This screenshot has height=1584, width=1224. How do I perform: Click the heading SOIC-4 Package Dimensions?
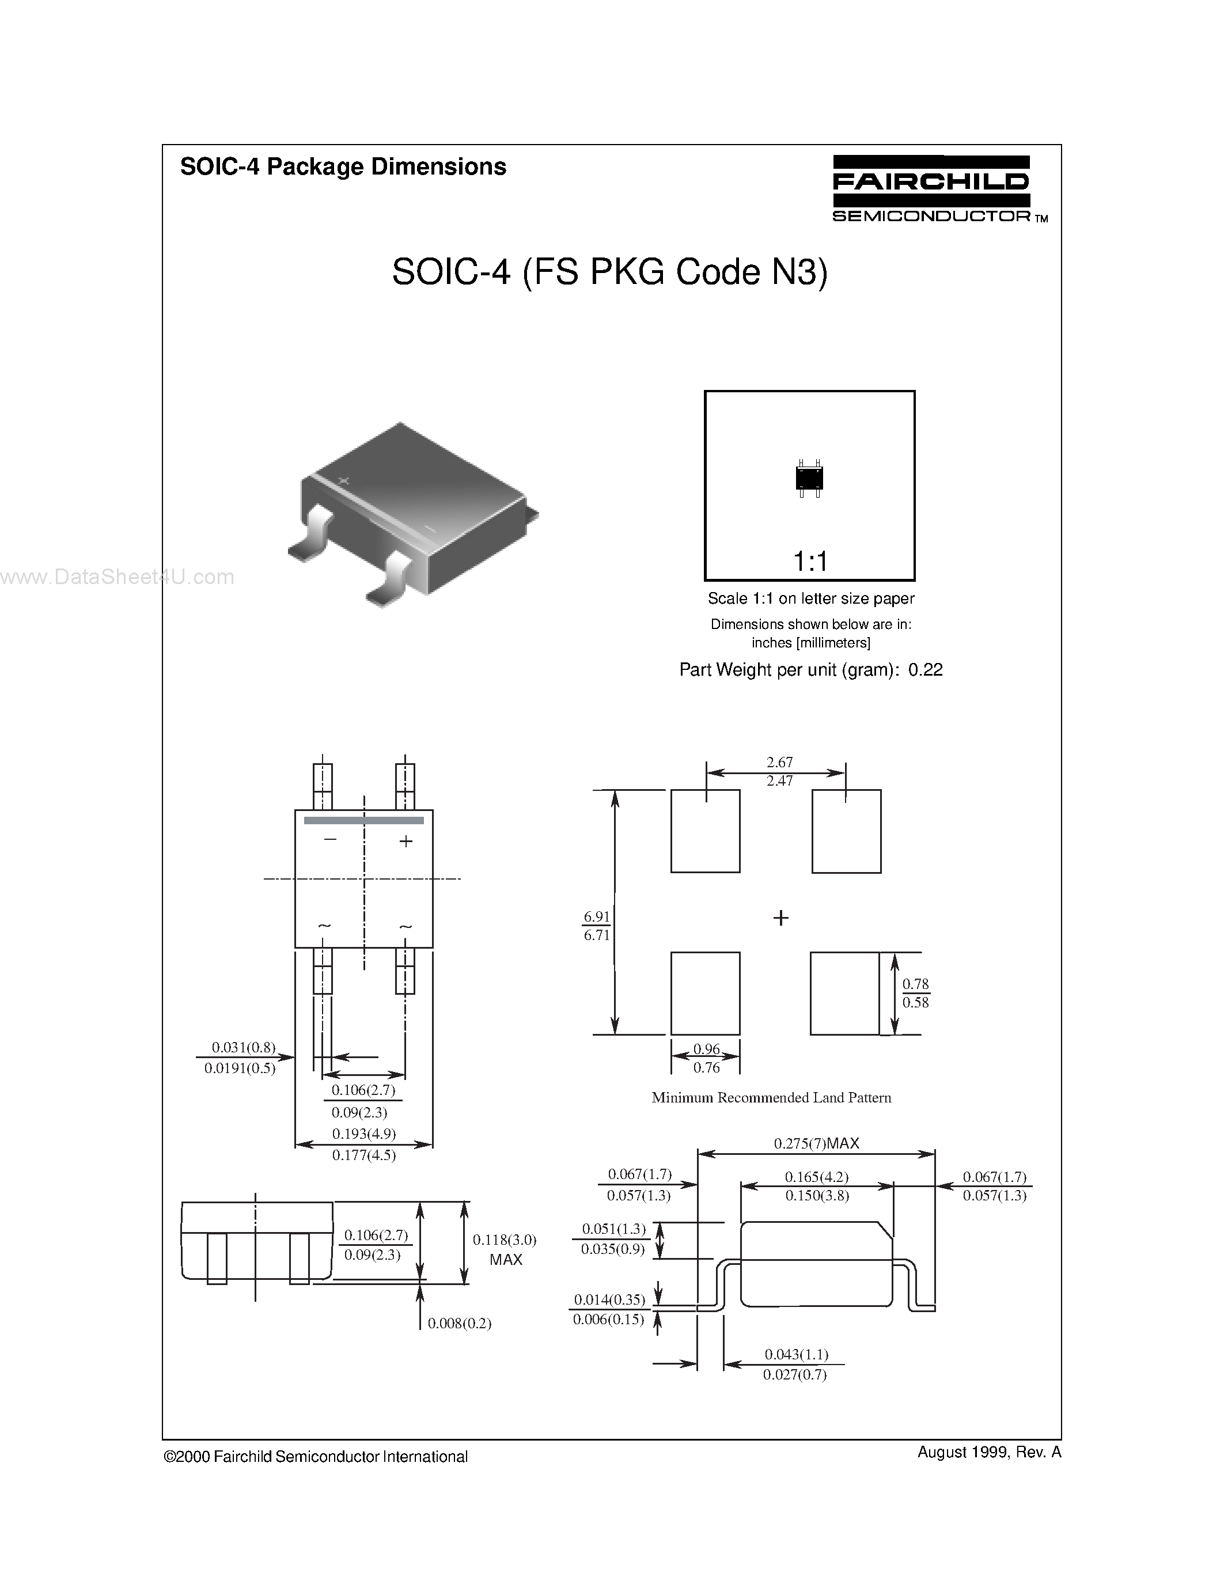point(343,167)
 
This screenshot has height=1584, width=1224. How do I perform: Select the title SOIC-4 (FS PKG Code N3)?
point(609,272)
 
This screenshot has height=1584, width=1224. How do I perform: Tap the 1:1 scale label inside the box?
point(810,560)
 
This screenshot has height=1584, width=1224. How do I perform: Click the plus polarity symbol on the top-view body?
point(406,842)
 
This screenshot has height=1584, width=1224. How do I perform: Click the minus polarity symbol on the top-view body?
point(330,839)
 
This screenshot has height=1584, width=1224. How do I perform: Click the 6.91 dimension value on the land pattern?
point(597,917)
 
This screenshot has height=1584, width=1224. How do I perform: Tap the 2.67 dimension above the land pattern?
point(779,762)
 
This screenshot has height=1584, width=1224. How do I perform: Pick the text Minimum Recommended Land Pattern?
point(771,1098)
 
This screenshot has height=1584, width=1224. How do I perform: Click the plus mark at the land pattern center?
point(780,918)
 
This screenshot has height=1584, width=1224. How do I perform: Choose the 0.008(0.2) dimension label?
point(459,1324)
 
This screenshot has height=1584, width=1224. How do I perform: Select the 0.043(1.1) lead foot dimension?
point(796,1354)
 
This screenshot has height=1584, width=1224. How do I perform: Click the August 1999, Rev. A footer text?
point(988,1452)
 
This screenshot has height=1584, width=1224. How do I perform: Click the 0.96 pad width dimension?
point(706,1049)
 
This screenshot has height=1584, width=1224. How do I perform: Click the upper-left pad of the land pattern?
point(705,831)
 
